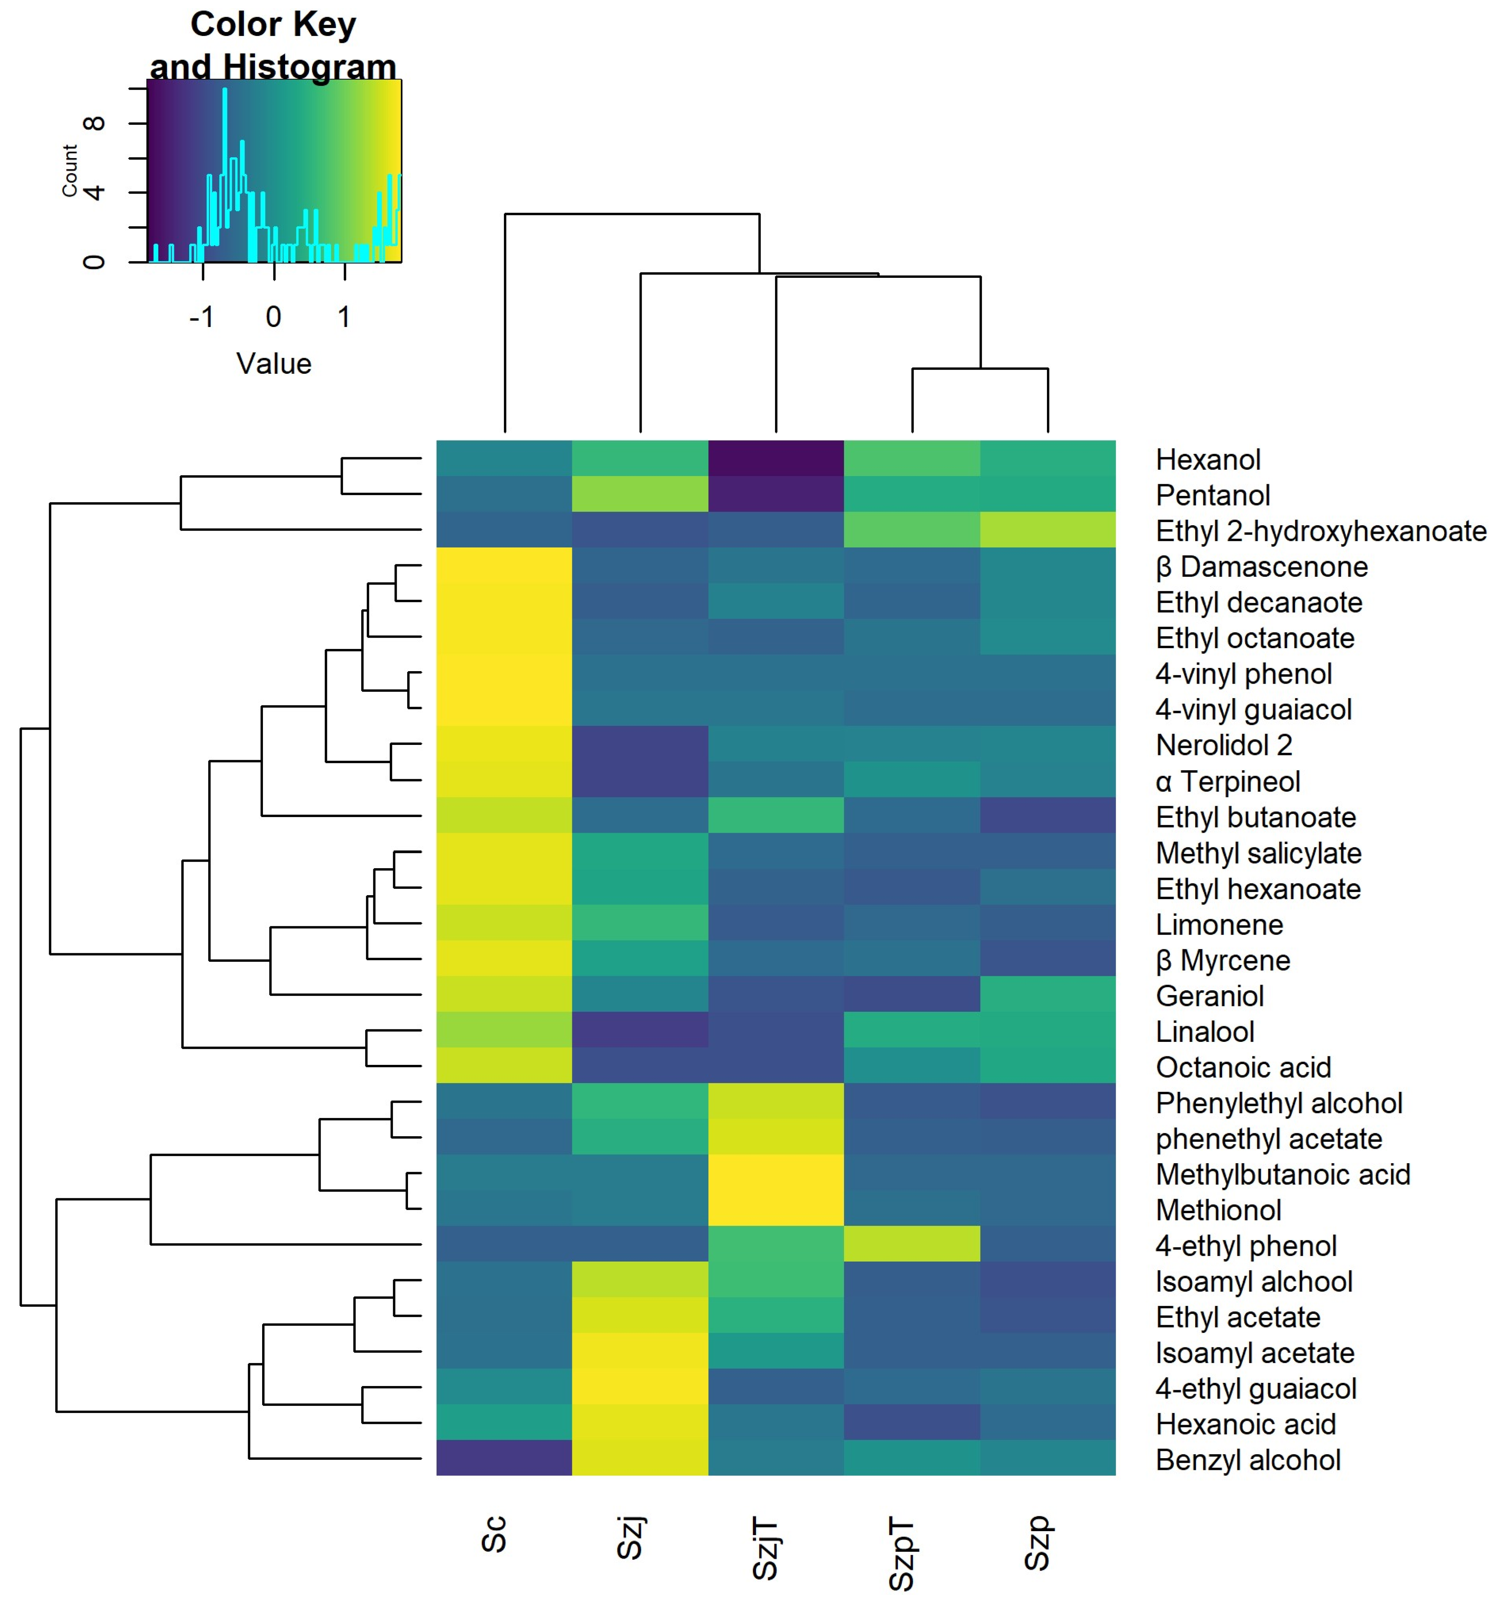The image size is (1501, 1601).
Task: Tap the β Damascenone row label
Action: point(1261,567)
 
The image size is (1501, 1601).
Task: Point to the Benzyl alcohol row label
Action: point(1247,1460)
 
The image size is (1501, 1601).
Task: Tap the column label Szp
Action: point(1037,1542)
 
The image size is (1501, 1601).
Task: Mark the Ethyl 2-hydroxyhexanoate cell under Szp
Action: point(1048,530)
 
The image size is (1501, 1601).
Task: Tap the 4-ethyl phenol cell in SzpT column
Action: point(912,1244)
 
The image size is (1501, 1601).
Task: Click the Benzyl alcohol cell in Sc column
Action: point(504,1458)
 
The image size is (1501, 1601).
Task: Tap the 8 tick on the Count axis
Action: point(94,123)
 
